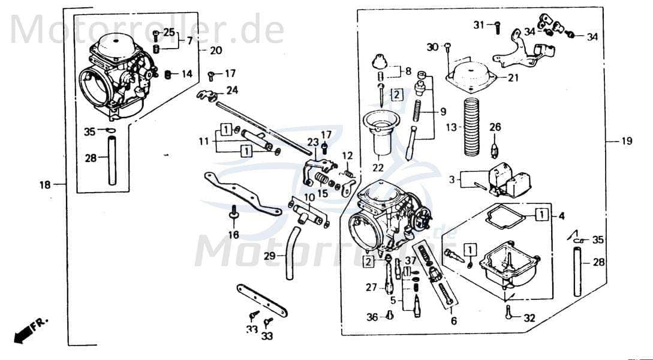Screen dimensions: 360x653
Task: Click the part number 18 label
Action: point(45,185)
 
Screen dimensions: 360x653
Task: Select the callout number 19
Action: point(626,142)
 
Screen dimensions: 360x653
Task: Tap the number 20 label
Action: point(216,50)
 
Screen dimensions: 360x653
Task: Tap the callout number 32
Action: point(529,319)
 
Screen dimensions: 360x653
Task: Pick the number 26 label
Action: point(495,127)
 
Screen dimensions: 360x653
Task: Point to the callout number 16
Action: point(233,235)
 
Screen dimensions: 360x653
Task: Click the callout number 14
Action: point(186,74)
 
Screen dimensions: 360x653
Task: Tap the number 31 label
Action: point(479,25)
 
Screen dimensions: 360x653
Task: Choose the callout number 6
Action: point(453,321)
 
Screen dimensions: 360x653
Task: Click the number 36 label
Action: point(372,317)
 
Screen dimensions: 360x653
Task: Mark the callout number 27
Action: point(372,287)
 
